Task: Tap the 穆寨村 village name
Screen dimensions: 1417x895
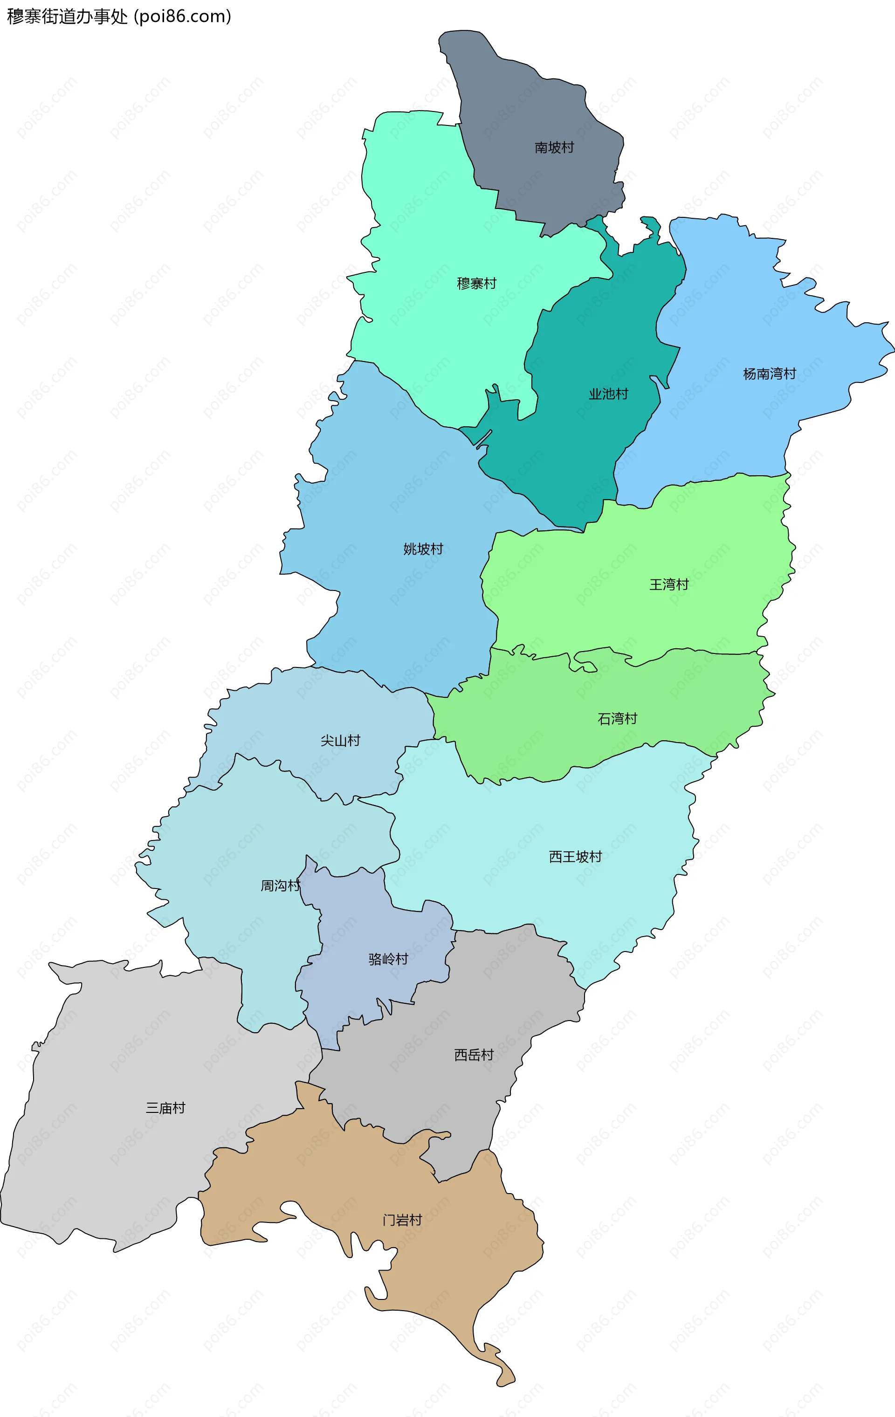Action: click(x=476, y=284)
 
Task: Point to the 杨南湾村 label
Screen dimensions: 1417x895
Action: click(x=769, y=374)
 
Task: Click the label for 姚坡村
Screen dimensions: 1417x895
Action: click(x=423, y=549)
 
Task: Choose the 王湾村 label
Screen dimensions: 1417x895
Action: click(x=668, y=584)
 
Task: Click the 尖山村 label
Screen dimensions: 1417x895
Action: click(x=340, y=740)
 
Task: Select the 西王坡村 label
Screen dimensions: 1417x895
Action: click(x=575, y=856)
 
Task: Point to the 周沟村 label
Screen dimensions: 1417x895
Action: click(x=280, y=886)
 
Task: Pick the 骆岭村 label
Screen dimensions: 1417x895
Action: click(x=388, y=959)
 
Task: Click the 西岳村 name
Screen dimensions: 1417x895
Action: click(x=474, y=1055)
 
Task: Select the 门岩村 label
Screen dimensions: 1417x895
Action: click(x=402, y=1220)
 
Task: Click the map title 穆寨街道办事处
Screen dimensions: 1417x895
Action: click(x=67, y=16)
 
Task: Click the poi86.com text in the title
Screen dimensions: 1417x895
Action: click(x=183, y=16)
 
